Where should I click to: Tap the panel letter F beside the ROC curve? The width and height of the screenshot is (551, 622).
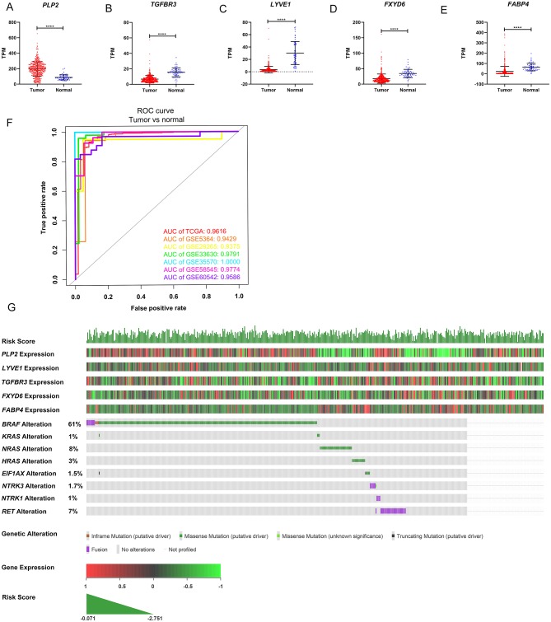(x=10, y=123)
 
